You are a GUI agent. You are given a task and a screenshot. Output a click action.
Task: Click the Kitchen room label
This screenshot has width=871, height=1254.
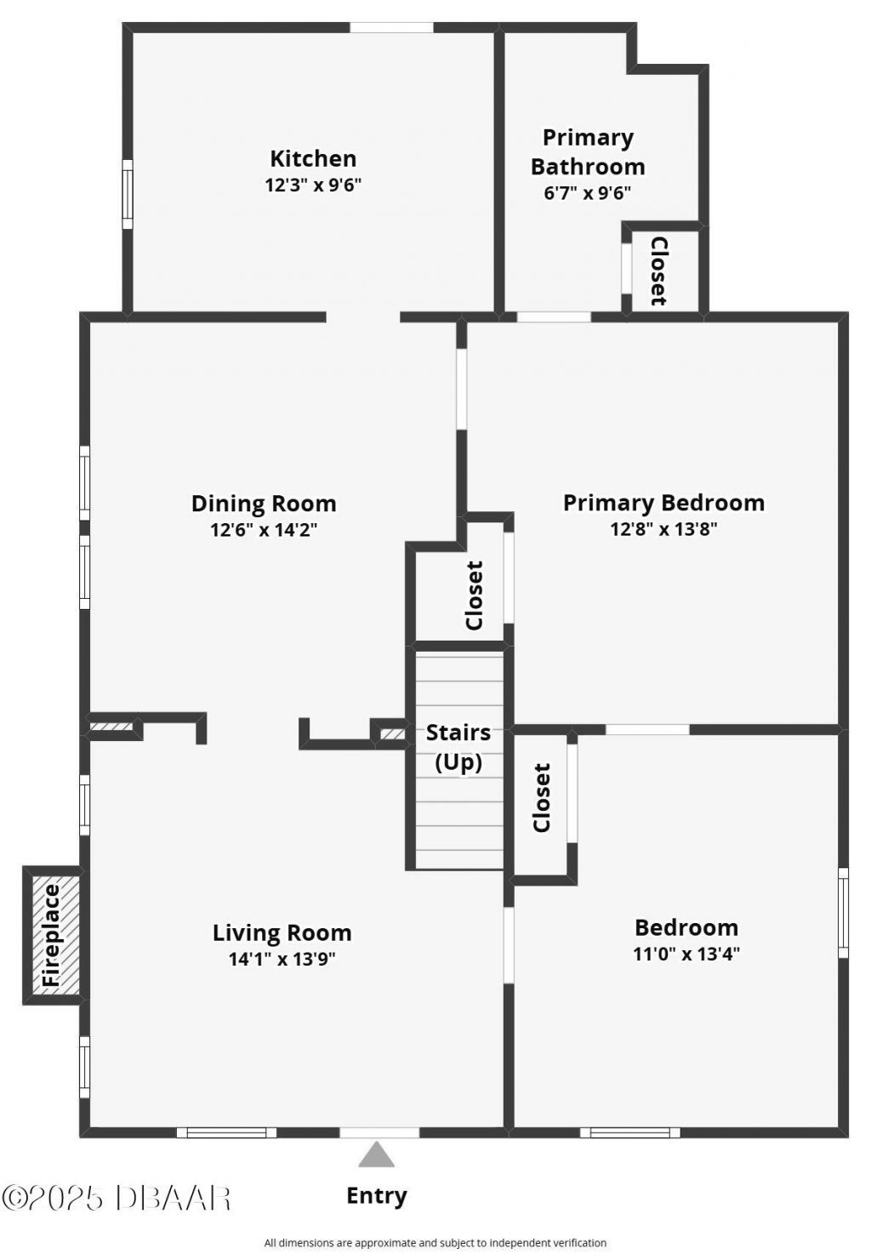tap(313, 158)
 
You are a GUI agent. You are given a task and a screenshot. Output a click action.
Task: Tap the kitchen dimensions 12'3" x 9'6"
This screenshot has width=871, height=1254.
tap(313, 185)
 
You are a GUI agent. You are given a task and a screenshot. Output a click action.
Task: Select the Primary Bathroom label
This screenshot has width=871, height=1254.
tap(588, 151)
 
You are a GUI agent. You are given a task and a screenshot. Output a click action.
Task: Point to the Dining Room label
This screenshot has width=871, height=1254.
tap(264, 504)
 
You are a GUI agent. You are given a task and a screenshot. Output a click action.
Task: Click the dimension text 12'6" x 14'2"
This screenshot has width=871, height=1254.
tap(264, 530)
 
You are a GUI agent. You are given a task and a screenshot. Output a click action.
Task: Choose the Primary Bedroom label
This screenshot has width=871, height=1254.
tap(663, 503)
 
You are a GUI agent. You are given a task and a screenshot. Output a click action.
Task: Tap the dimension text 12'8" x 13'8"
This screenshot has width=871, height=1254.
tap(663, 529)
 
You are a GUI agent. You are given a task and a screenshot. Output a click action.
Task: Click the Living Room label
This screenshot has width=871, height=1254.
tap(282, 932)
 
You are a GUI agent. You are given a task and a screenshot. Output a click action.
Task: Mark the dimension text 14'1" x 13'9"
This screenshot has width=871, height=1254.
tap(282, 960)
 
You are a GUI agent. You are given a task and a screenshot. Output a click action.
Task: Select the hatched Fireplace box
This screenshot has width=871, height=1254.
tap(53, 935)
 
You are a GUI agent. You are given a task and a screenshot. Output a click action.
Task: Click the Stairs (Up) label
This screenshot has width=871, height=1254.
tap(458, 746)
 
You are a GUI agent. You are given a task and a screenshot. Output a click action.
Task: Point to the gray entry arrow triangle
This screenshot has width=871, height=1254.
tap(376, 1155)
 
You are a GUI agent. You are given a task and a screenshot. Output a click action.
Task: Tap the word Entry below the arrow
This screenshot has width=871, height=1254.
tap(376, 1195)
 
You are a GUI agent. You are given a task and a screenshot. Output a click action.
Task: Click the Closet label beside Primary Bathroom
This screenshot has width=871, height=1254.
tap(658, 271)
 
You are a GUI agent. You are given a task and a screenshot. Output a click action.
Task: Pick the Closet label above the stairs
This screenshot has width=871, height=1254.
tap(475, 595)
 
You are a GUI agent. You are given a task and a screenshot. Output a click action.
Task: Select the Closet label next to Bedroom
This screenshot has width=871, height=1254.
tap(542, 797)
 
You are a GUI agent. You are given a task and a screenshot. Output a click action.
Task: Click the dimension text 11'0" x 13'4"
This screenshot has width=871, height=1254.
tap(686, 954)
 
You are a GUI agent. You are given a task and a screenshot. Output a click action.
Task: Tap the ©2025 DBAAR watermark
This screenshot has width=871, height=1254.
tap(117, 1198)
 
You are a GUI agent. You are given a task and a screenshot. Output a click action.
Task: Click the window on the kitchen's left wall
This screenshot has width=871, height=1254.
tap(128, 194)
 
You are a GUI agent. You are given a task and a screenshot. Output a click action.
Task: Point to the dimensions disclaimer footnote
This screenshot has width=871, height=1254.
tap(435, 1243)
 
